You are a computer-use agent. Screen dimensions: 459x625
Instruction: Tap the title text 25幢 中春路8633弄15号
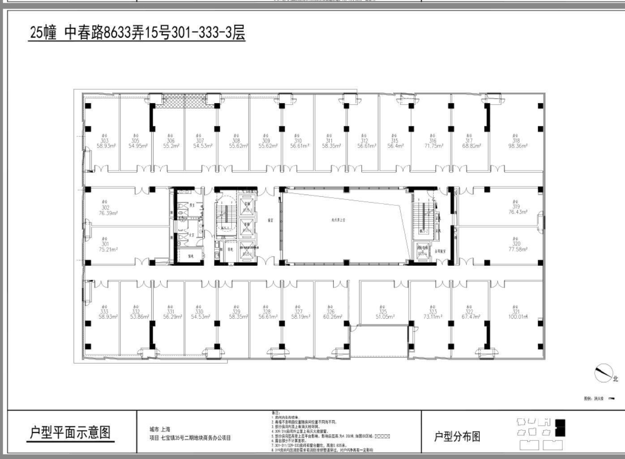coord(137,33)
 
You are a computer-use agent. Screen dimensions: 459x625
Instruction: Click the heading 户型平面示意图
coord(70,433)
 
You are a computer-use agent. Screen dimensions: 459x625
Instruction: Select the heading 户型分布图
coord(457,436)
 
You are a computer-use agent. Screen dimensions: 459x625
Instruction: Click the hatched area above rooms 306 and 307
coord(184,101)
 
